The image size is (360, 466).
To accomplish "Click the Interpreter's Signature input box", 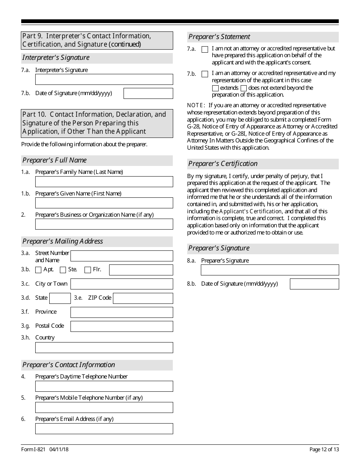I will (x=104, y=79).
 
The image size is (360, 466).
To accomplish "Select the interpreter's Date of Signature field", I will (x=148, y=93).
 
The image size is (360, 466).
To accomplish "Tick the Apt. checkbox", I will (x=38, y=270).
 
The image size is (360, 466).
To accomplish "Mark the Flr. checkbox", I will (x=88, y=270).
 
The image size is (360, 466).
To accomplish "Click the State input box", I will (x=60, y=298).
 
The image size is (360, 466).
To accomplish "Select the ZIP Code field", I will (x=143, y=298).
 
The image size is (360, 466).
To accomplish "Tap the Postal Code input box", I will (x=122, y=326).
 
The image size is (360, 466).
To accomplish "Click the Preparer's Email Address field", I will (x=104, y=428).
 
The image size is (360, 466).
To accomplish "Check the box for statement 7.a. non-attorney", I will (x=205, y=49).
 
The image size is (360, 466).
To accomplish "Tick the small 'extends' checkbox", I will (x=215, y=88).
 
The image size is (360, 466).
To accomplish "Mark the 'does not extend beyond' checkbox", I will (x=244, y=88).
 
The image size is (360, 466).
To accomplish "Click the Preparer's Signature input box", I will (x=269, y=270).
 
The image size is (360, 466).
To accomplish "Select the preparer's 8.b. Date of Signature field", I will (x=314, y=284).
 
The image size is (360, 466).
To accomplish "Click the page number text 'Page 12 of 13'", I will (x=324, y=450).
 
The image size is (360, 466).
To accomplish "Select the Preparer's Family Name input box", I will (x=104, y=181).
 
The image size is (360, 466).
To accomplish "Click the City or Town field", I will (x=122, y=284).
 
